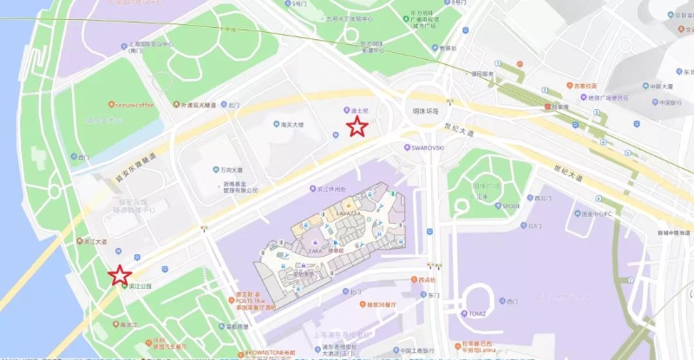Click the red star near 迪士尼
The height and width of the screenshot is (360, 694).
click(357, 128)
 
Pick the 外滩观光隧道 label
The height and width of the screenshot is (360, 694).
click(197, 104)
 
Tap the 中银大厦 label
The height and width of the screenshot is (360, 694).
click(662, 86)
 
